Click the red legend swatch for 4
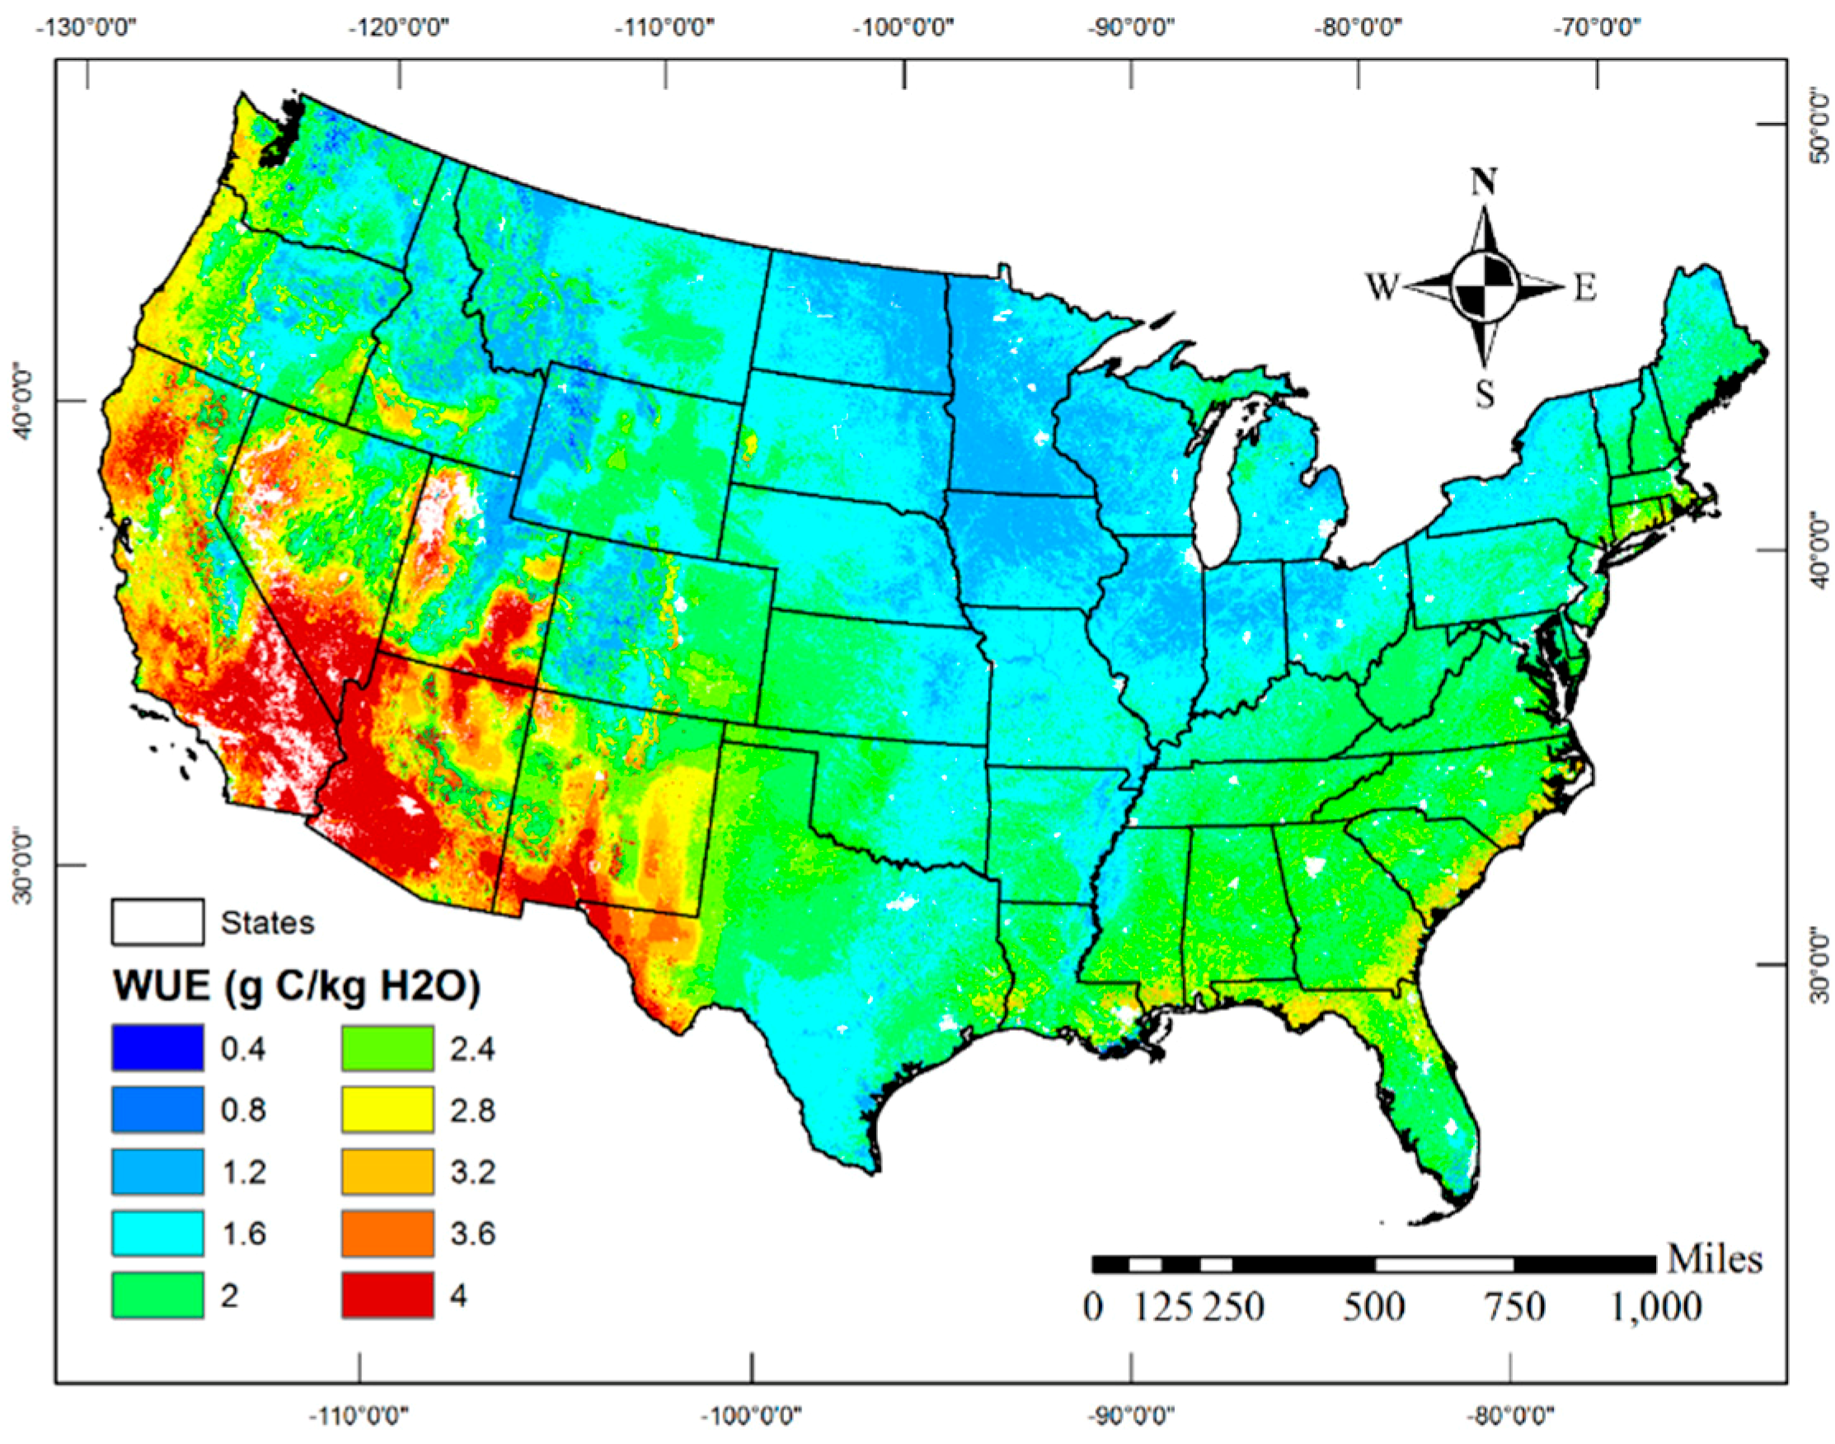(387, 1295)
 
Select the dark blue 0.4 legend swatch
(157, 1047)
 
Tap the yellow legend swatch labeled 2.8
(387, 1109)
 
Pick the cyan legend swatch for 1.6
(157, 1233)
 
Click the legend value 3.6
(472, 1234)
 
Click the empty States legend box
(157, 921)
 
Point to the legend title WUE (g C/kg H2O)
(297, 985)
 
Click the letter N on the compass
(1483, 181)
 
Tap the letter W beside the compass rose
(1382, 288)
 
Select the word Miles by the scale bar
(1714, 1260)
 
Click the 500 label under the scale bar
(1373, 1308)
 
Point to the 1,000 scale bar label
(1654, 1308)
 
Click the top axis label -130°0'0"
(87, 27)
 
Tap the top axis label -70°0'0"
(1598, 27)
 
